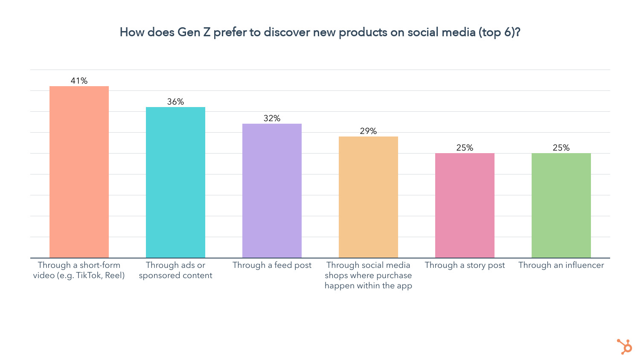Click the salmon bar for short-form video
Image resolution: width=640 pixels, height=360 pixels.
[x=79, y=172]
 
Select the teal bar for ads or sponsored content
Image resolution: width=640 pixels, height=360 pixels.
[x=175, y=182]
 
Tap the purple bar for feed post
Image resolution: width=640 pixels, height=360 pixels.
[x=272, y=191]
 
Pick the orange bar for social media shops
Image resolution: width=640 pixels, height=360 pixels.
[x=368, y=197]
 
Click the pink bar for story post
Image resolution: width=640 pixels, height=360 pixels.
[x=465, y=205]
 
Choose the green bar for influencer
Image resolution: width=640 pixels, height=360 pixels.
[x=561, y=205]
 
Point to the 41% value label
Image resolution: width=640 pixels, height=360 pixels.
[x=79, y=81]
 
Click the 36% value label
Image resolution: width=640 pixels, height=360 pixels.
[x=175, y=102]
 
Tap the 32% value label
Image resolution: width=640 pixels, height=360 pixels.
[x=272, y=118]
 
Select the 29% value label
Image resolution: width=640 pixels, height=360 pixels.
[x=368, y=131]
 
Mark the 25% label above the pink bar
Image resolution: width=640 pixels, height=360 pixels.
[x=465, y=148]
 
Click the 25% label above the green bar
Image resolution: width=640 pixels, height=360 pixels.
[x=561, y=148]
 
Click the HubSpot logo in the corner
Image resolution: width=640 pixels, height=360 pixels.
[x=624, y=346]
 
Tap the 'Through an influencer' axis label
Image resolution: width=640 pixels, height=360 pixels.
[x=561, y=265]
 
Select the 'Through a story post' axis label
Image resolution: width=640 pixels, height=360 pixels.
[x=465, y=265]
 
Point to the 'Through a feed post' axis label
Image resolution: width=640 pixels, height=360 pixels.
[x=272, y=265]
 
